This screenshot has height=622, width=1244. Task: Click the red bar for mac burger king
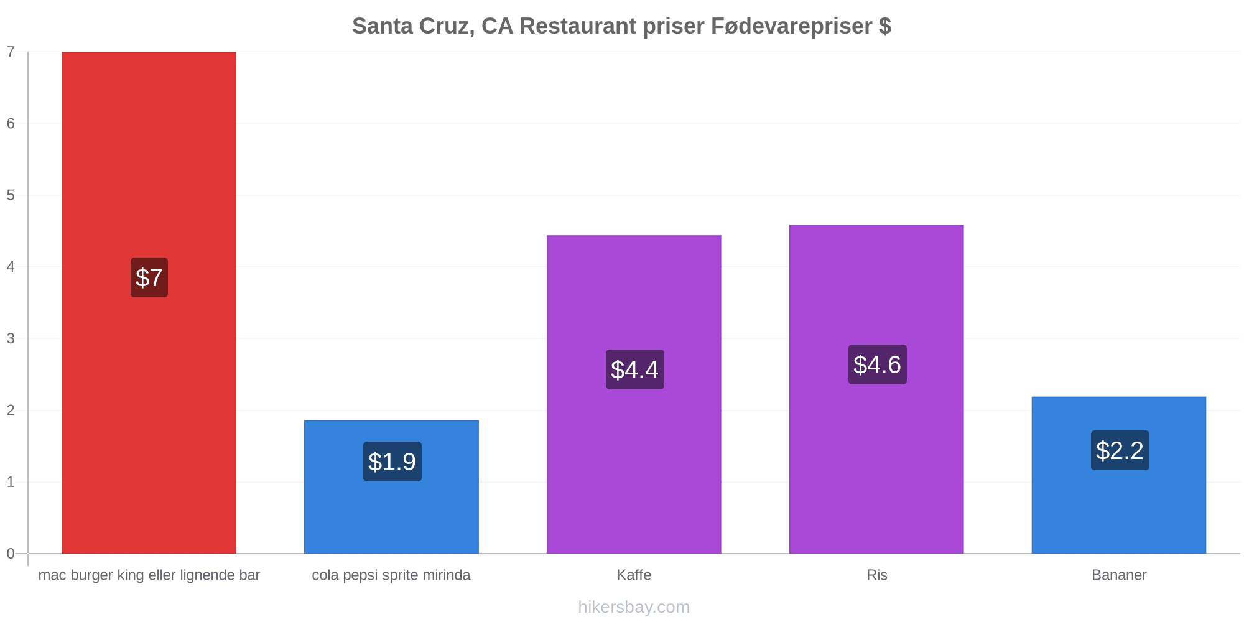pyautogui.click(x=149, y=302)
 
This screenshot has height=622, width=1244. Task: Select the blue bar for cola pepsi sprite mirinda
pyautogui.click(x=391, y=487)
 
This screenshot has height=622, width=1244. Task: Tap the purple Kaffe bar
pyautogui.click(x=634, y=394)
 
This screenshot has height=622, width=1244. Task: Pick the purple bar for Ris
pyautogui.click(x=876, y=389)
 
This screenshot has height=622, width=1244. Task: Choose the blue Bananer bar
pyautogui.click(x=1119, y=475)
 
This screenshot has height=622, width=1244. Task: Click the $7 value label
pyautogui.click(x=149, y=277)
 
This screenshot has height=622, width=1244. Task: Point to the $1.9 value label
pyautogui.click(x=392, y=462)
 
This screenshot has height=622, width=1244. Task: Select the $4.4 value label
pyautogui.click(x=635, y=369)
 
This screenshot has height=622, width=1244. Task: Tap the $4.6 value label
pyautogui.click(x=878, y=364)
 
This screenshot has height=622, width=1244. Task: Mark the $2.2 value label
pyautogui.click(x=1120, y=450)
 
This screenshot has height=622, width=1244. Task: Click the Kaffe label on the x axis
pyautogui.click(x=634, y=575)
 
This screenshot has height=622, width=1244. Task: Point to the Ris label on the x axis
pyautogui.click(x=877, y=575)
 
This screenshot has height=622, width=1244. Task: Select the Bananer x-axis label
pyautogui.click(x=1119, y=575)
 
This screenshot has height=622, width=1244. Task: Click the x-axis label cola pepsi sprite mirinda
pyautogui.click(x=391, y=575)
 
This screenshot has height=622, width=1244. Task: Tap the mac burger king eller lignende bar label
pyautogui.click(x=149, y=575)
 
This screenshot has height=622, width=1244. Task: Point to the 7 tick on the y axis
pyautogui.click(x=11, y=52)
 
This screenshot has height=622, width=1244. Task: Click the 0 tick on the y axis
pyautogui.click(x=11, y=554)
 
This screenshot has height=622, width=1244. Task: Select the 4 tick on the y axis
pyautogui.click(x=11, y=267)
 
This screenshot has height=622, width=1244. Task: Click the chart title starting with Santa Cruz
pyautogui.click(x=621, y=26)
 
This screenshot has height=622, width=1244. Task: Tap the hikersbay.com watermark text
pyautogui.click(x=634, y=607)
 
